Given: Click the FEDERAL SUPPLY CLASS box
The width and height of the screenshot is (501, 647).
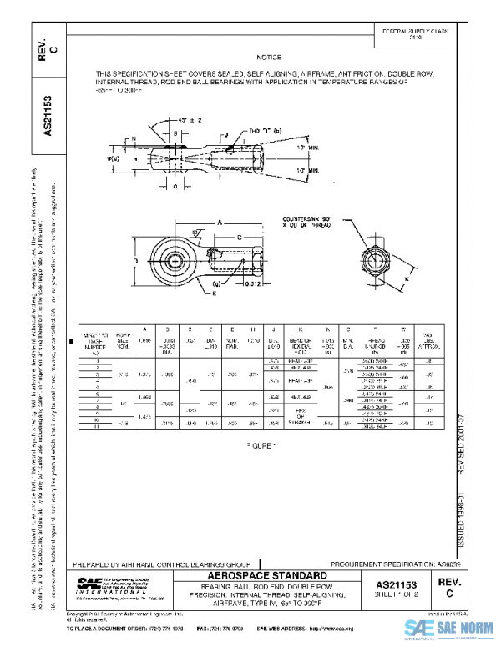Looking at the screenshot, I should click(414, 33).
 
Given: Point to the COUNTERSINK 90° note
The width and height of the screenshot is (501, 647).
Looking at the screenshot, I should click(314, 220).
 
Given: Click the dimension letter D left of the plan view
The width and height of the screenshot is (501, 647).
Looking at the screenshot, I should click(135, 260).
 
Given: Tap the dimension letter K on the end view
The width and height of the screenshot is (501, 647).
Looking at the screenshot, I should click(407, 278).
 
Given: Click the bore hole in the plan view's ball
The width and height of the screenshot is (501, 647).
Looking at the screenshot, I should click(176, 253).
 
